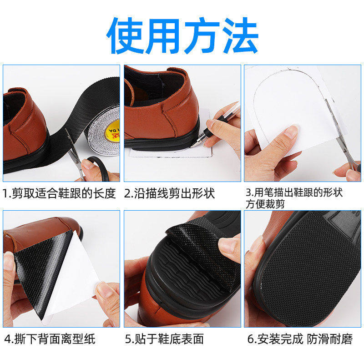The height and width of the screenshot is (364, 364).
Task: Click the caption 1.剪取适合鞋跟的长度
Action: pyautogui.click(x=60, y=193)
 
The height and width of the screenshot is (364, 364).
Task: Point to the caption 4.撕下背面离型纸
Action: pyautogui.click(x=51, y=339)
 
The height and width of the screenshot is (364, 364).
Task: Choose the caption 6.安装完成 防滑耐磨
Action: pyautogui.click(x=300, y=339)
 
